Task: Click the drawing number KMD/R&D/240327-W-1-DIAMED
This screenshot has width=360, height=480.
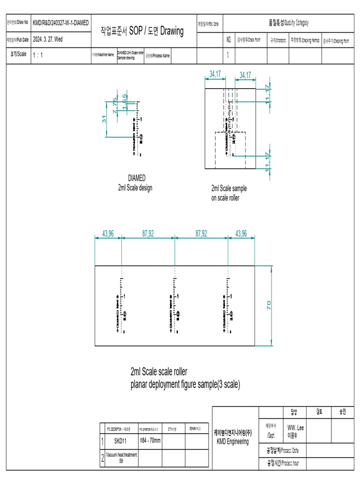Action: pos(60,23)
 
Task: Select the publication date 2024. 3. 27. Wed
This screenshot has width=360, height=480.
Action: pos(47,40)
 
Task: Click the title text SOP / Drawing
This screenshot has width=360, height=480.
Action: pos(142,31)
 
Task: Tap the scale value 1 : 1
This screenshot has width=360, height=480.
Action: pos(38,55)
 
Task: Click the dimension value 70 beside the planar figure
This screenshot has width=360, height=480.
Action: pos(269,305)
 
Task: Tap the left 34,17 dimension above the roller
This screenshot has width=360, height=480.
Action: pos(215,74)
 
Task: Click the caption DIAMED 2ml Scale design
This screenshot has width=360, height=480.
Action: pos(135,183)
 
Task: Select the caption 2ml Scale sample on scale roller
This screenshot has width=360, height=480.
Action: pos(229,193)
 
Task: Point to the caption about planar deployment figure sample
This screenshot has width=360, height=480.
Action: pos(185,379)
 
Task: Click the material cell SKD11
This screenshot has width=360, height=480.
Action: pos(120,441)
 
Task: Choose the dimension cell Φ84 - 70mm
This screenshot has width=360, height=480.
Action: pos(150,441)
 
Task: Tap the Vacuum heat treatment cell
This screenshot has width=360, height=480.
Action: pos(121,457)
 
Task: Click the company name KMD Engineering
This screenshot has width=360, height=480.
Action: pos(232,438)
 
